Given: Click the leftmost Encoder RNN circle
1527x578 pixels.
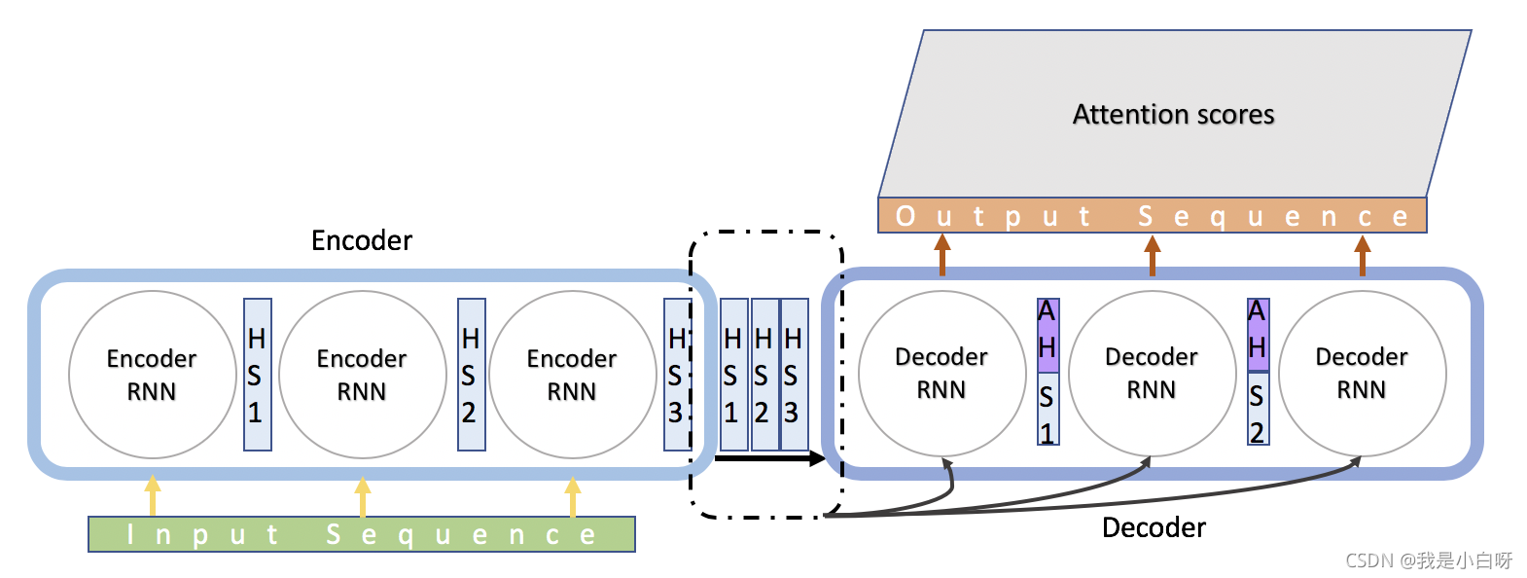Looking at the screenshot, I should (x=152, y=375).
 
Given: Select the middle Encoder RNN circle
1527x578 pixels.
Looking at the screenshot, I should (x=362, y=375).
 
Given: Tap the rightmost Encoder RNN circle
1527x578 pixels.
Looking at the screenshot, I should (x=572, y=375).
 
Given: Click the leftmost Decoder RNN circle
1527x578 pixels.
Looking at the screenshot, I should (x=941, y=373).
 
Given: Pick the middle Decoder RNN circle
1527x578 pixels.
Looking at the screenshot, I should (x=1152, y=373).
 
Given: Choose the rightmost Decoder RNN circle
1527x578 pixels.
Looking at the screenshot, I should (x=1362, y=373).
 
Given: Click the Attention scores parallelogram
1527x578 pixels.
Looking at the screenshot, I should (x=1174, y=115).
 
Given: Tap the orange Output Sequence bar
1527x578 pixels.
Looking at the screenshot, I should (x=1152, y=216).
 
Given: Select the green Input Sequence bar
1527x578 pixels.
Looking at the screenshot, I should (x=362, y=534).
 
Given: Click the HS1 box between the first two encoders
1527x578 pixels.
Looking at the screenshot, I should (x=257, y=375).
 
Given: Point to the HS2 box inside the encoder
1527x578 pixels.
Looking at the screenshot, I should (x=471, y=375).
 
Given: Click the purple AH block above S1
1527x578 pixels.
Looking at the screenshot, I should (x=1048, y=335).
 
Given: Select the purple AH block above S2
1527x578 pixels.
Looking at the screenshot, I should (x=1258, y=335).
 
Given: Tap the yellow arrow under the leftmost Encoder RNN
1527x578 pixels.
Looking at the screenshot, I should (x=153, y=495).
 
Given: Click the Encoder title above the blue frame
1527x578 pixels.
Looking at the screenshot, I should (x=362, y=240).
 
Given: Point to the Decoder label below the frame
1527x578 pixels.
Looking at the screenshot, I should (x=1154, y=527).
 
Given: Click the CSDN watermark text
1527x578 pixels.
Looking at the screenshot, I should (x=1428, y=560).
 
